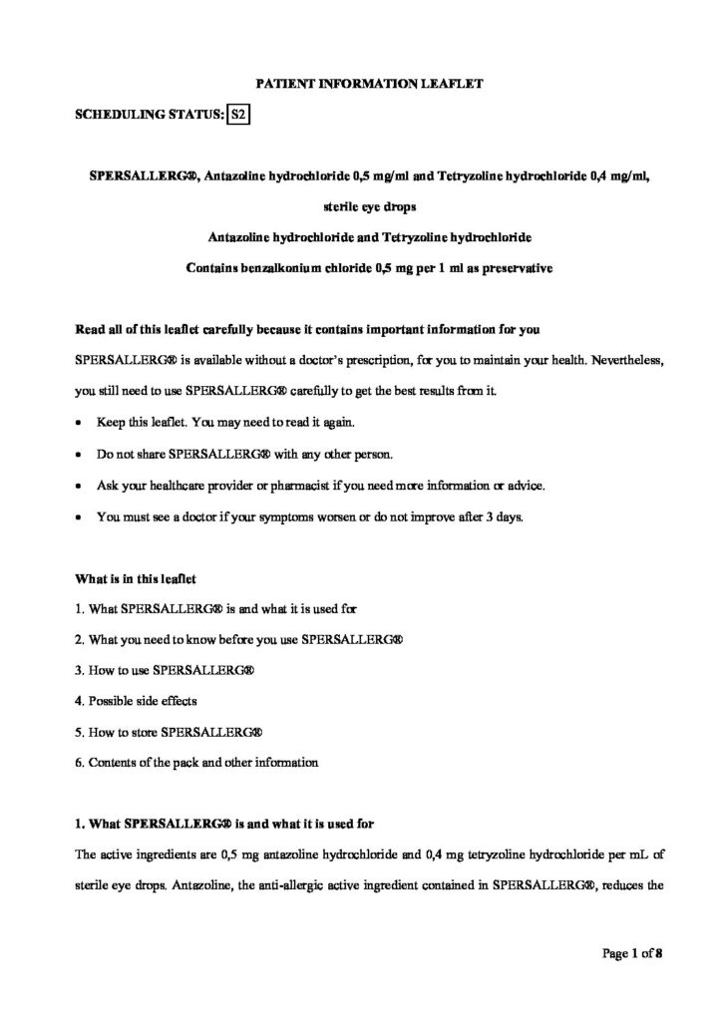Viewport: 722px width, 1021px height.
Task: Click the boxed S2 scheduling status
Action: tap(237, 116)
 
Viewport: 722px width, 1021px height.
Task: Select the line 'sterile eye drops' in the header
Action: tap(360, 207)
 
